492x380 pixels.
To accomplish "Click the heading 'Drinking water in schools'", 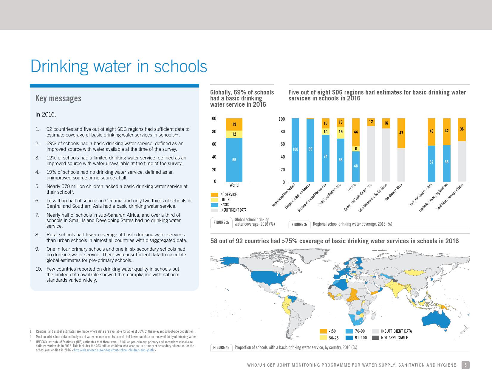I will tap(119, 66).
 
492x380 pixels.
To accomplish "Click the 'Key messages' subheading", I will tap(58, 98).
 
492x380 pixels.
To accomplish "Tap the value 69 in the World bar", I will tap(234, 160).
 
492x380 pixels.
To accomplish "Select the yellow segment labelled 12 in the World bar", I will tap(234, 134).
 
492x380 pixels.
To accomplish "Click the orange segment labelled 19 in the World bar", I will tap(234, 124).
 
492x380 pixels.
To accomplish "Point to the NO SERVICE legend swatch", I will tap(214, 195).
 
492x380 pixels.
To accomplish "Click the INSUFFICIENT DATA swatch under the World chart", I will tap(214, 210).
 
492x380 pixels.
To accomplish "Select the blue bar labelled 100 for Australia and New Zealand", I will tap(295, 149).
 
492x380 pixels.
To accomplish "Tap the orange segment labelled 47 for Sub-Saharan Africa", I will tap(401, 133).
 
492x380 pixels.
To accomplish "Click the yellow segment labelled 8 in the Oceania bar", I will tap(356, 148).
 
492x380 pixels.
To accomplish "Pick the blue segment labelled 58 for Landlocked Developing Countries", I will tap(446, 162).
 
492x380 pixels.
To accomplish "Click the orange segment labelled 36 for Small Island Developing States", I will tap(462, 129).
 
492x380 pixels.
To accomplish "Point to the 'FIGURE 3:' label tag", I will tap(299, 224).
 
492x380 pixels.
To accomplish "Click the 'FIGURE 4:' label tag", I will tap(221, 348).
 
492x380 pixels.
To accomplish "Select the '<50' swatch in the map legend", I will tap(323, 331).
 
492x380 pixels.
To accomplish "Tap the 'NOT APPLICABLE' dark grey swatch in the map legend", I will tap(375, 338).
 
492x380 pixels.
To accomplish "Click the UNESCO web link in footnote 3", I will tap(114, 350).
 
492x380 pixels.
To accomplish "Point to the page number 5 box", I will tap(466, 365).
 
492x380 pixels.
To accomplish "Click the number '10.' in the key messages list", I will tap(39, 269).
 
